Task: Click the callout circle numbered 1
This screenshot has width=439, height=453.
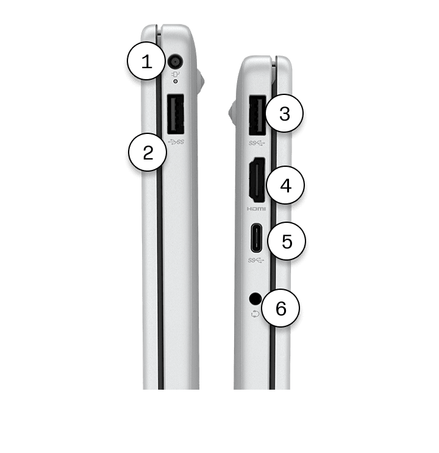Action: pos(146,61)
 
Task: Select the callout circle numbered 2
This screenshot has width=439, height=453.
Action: pos(148,152)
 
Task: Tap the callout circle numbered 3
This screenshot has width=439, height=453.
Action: pos(285,113)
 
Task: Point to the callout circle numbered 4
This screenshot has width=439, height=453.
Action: pos(285,185)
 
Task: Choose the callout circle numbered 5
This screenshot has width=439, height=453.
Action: pos(287,241)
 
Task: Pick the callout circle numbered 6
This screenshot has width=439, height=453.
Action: pos(280,308)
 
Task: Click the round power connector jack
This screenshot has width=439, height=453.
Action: pos(176,62)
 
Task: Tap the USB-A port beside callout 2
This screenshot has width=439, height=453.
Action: pos(176,114)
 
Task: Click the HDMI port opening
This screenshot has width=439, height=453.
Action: pos(257,180)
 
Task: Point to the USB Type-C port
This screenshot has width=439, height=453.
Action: pos(257,238)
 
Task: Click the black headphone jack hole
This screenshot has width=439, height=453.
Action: pos(255,299)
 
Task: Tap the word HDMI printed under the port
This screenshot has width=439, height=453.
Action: pos(256,209)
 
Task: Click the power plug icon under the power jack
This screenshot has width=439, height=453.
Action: pos(176,74)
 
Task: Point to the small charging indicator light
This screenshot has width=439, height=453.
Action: pos(175,82)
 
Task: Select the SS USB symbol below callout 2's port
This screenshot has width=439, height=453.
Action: pos(176,142)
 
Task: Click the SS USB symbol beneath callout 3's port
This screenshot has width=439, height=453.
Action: pos(257,143)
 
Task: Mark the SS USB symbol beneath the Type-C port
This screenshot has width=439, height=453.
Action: pos(256,261)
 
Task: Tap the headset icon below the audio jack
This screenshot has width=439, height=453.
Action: pos(255,314)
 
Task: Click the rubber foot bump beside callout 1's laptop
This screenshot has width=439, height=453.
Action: pos(201,81)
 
